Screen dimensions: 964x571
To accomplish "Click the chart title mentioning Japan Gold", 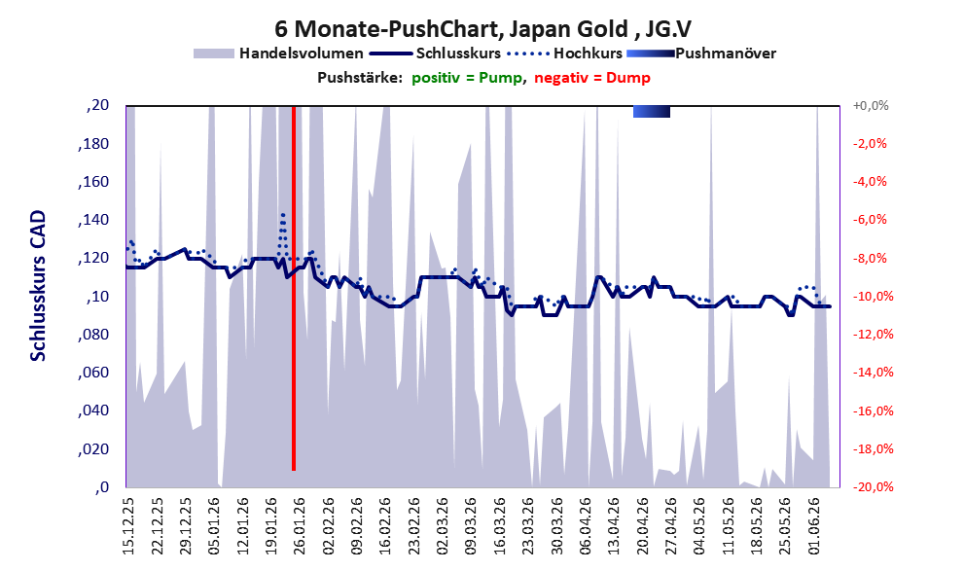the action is click(482, 28).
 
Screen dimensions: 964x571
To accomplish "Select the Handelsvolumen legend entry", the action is click(278, 54).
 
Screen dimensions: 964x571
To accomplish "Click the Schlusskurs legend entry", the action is click(435, 54).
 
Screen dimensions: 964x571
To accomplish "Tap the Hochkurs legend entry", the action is click(565, 54).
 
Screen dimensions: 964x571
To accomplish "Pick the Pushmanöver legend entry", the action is click(701, 54).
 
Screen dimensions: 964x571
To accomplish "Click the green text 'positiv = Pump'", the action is click(467, 78).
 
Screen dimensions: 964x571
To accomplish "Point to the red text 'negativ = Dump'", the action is click(592, 78).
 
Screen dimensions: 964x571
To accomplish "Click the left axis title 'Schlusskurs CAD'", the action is click(38, 286).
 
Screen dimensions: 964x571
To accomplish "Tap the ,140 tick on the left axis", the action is click(93, 220).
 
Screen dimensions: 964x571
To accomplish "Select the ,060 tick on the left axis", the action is click(93, 373).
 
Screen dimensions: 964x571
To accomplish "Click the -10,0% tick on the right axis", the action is click(873, 297).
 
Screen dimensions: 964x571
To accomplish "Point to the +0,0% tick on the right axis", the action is click(871, 106).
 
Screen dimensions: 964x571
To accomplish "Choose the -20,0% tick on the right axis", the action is click(873, 486).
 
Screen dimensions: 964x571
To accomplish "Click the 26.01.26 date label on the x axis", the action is click(299, 526).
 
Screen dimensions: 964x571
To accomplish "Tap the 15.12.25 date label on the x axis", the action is click(128, 526).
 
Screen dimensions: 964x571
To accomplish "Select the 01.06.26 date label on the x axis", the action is click(814, 526).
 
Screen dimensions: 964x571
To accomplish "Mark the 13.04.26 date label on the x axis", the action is click(614, 526).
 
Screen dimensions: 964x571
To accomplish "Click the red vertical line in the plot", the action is click(294, 288).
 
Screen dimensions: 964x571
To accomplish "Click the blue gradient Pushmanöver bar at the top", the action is click(652, 111).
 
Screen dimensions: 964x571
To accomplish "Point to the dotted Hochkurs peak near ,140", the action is click(283, 215).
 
